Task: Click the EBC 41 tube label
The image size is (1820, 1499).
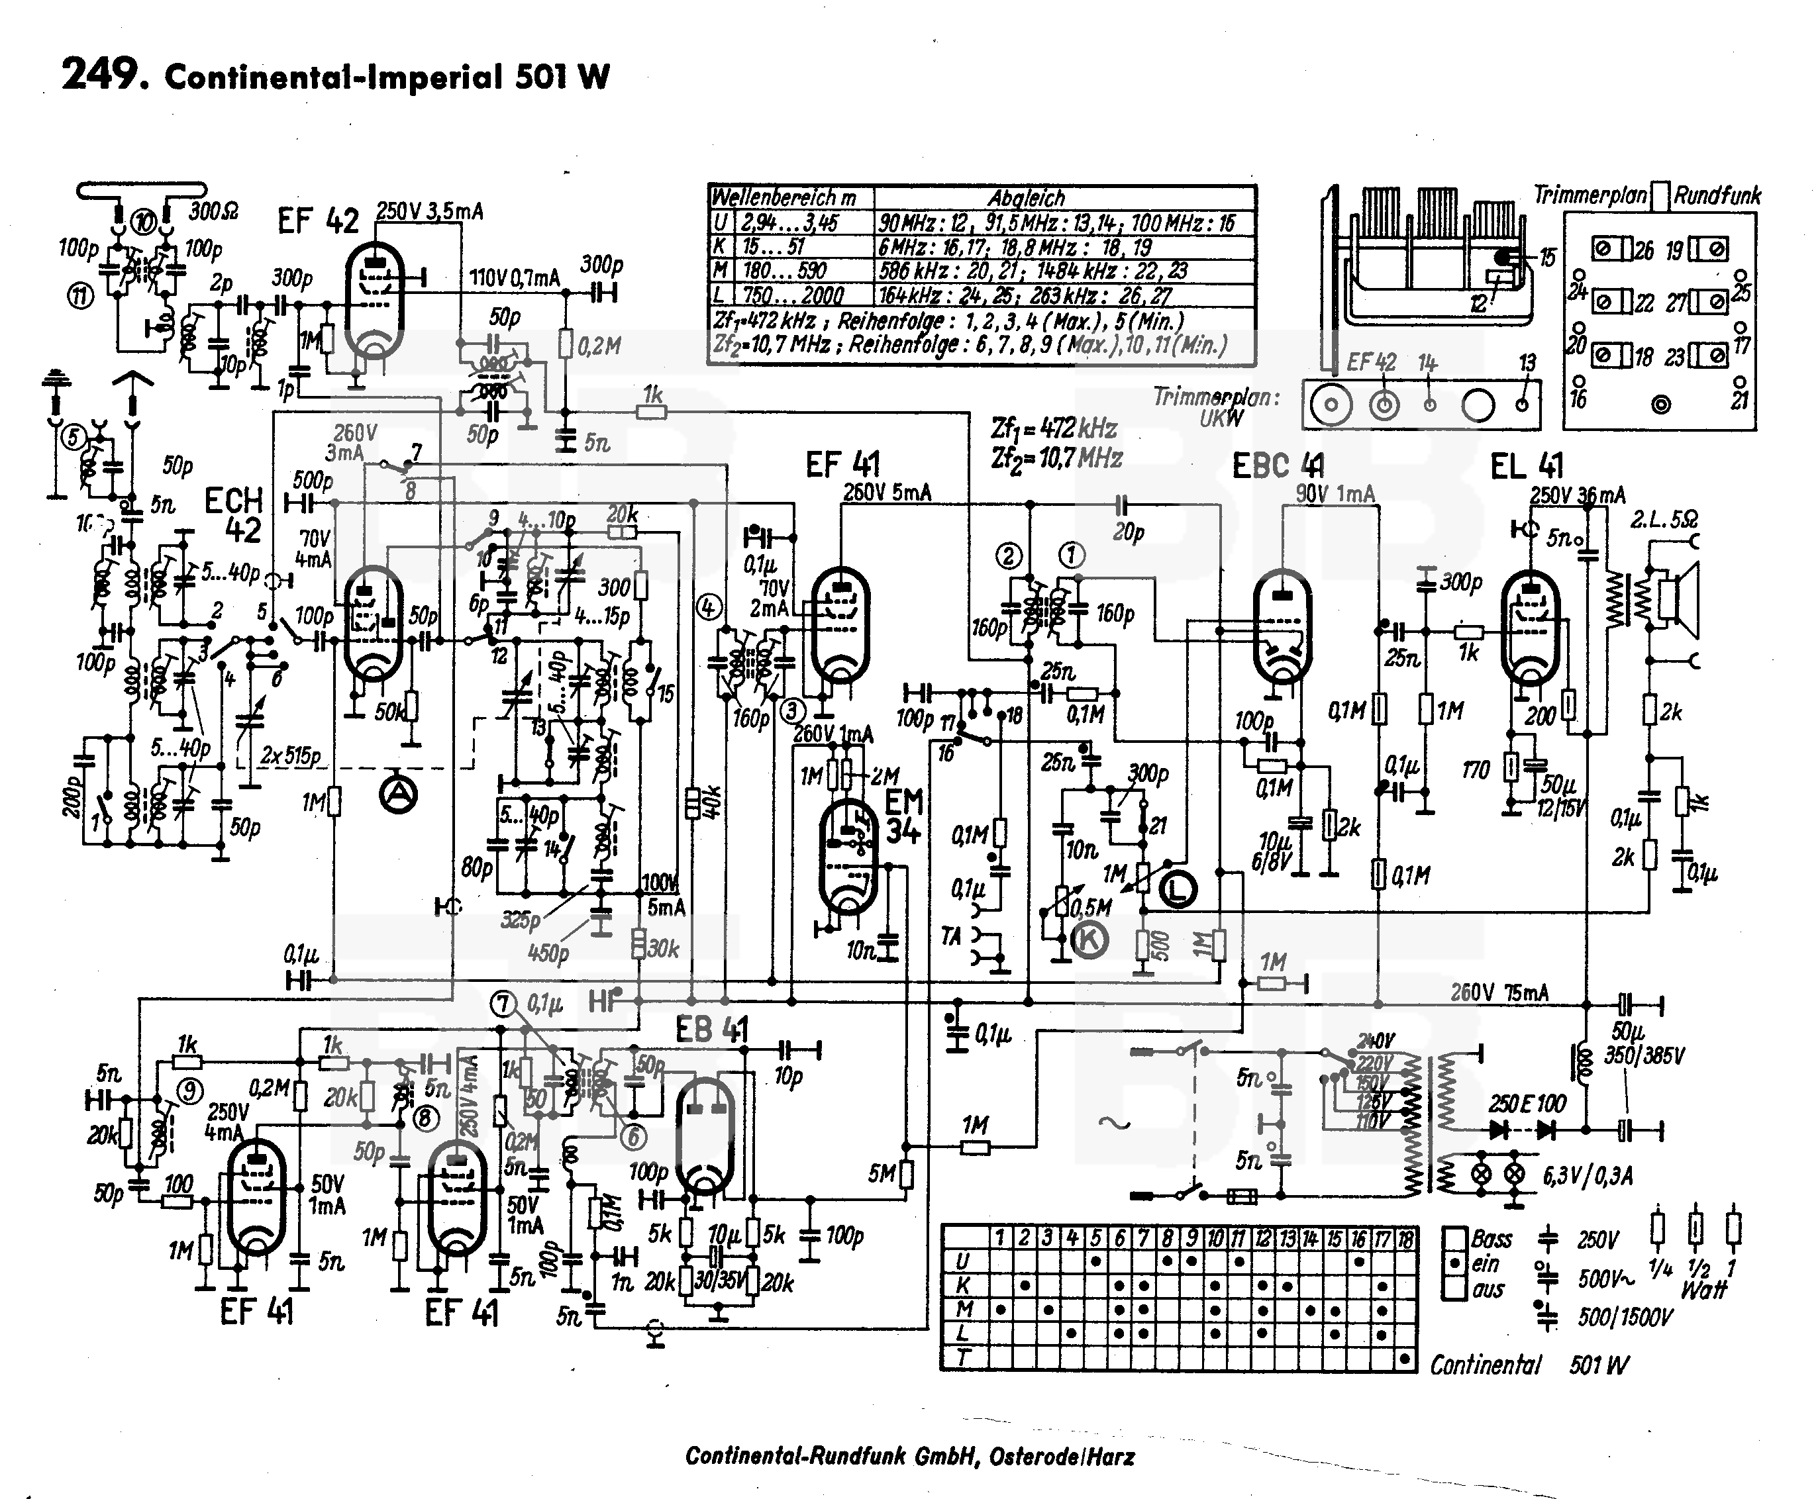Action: click(1278, 466)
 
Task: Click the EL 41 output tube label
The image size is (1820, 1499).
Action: click(1527, 466)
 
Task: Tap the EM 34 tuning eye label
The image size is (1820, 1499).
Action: click(903, 816)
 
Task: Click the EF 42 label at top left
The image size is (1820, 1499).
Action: click(318, 221)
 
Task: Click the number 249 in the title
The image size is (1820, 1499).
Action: click(100, 74)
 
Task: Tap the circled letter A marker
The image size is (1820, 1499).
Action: click(398, 795)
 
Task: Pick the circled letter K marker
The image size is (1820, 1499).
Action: click(1089, 940)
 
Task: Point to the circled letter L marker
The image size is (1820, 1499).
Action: click(1178, 889)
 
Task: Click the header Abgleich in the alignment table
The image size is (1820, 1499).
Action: click(1026, 198)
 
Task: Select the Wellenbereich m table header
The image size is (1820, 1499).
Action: click(783, 198)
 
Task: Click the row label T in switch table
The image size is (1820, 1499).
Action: click(962, 1358)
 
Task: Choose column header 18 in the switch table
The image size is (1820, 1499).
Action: click(1405, 1239)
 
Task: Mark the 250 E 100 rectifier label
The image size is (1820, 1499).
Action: click(1527, 1104)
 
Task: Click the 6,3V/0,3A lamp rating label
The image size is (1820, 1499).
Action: click(1588, 1176)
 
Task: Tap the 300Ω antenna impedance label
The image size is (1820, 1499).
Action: click(213, 211)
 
